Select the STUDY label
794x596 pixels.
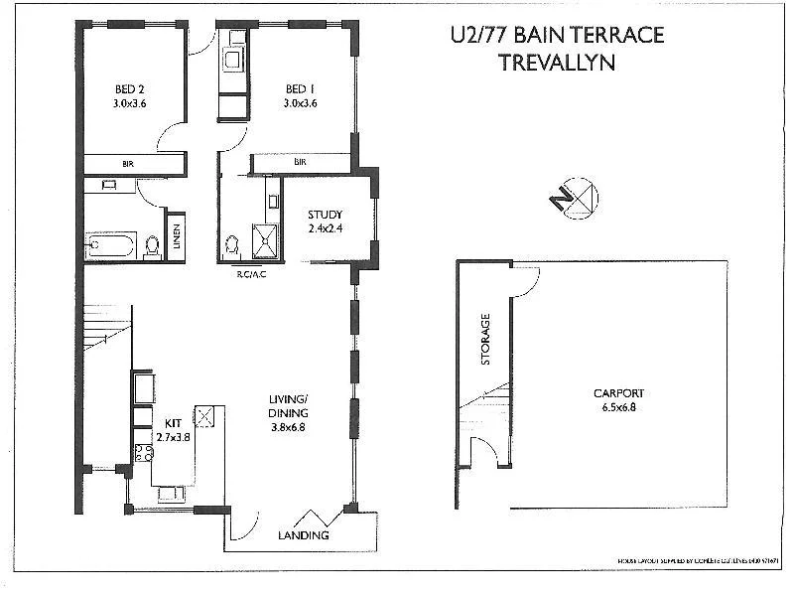[325, 215]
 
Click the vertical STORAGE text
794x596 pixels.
[486, 339]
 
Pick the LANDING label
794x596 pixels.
[302, 536]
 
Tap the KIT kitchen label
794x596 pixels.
[166, 422]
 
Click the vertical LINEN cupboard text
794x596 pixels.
[177, 237]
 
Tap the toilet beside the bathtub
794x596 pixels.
[152, 243]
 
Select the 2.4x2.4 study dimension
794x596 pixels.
[325, 229]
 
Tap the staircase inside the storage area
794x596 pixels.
[486, 406]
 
